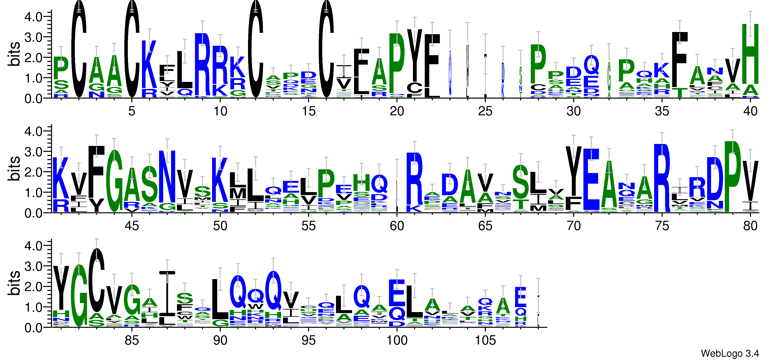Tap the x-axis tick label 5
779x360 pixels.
[x=132, y=111]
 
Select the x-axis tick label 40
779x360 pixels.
[x=750, y=111]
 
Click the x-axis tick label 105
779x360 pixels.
[x=485, y=341]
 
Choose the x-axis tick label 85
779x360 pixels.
[x=132, y=341]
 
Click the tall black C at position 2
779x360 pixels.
[x=79, y=50]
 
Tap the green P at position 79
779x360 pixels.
[x=732, y=177]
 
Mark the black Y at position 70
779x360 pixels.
[x=573, y=171]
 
